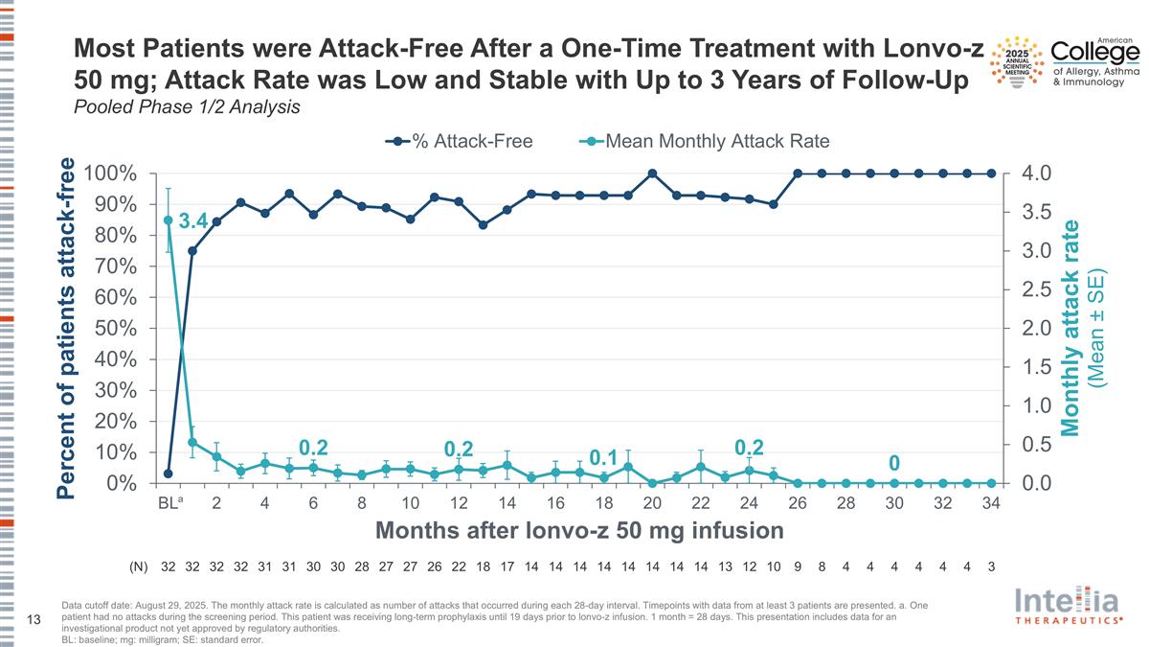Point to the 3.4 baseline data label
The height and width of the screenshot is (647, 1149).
193,222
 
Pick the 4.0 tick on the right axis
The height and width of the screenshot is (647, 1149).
1039,173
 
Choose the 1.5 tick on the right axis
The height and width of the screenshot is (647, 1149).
1039,367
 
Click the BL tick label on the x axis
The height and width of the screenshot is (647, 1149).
170,503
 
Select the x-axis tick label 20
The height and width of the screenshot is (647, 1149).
652,503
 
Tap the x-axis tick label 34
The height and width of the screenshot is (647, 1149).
991,503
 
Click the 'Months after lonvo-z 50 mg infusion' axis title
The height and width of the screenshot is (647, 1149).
579,530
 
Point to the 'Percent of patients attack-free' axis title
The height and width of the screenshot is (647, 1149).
65,329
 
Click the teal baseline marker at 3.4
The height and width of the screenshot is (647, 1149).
169,220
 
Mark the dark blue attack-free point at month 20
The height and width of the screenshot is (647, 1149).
652,173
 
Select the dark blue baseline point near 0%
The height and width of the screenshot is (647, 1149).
169,474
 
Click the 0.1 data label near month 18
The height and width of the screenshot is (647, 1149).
602,458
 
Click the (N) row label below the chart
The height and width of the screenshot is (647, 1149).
139,566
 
